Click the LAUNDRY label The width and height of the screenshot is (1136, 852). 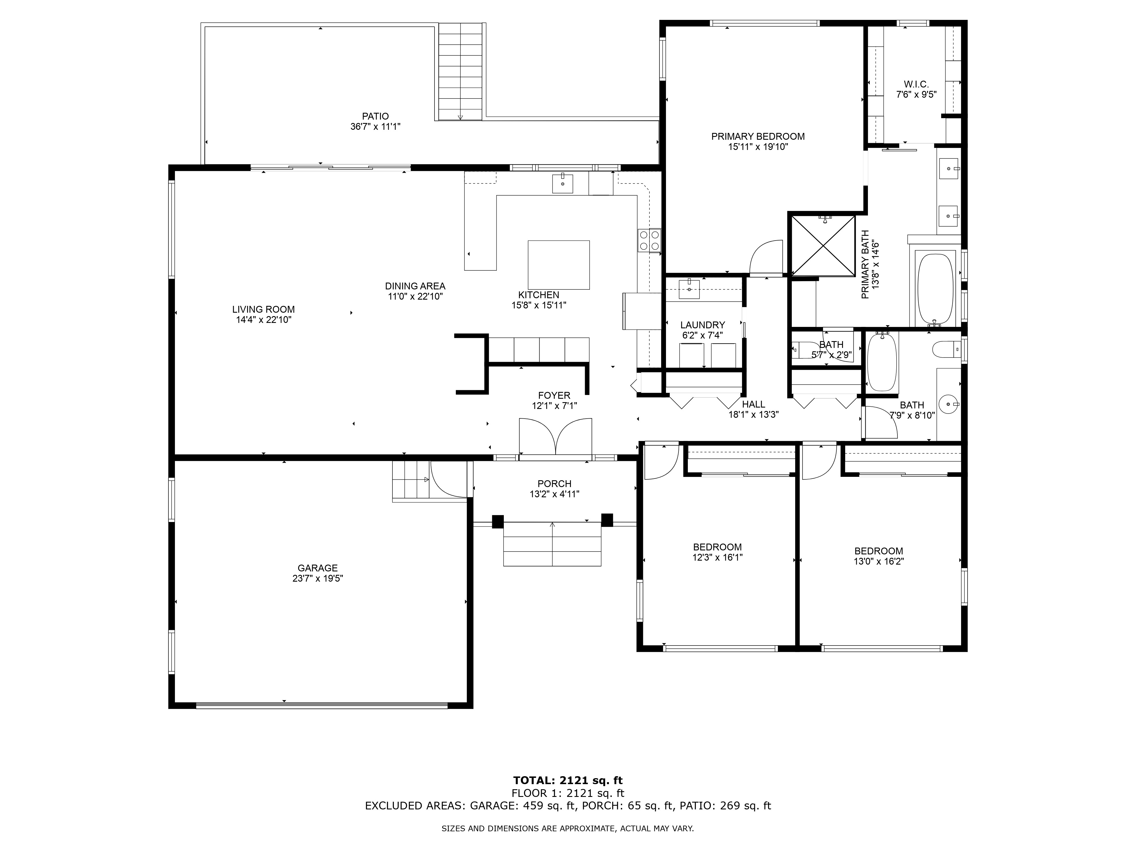[703, 325]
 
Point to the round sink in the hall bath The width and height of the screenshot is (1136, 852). [949, 404]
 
